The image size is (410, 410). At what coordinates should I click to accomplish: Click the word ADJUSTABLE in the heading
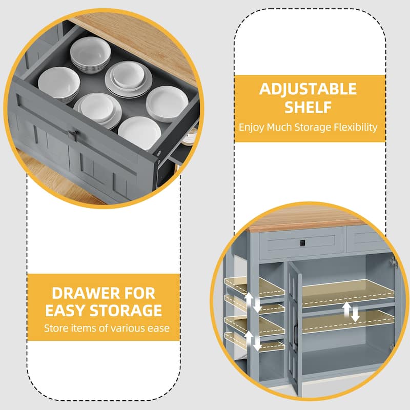click(308, 89)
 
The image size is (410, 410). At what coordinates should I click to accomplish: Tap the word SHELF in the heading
click(308, 107)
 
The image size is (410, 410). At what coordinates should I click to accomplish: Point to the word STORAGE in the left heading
click(126, 311)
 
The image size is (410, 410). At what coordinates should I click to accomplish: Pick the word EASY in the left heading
click(66, 311)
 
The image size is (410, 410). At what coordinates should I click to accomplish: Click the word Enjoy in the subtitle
click(251, 128)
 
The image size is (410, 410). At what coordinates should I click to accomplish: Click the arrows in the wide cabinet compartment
click(351, 312)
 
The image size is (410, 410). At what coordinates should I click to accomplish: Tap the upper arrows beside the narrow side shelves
click(253, 302)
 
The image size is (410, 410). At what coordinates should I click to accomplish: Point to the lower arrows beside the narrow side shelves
click(253, 341)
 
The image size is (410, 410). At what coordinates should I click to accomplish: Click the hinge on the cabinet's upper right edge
click(394, 262)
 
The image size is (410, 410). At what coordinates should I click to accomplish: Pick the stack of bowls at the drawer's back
click(90, 55)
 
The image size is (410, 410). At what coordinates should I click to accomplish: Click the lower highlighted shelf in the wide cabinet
click(348, 322)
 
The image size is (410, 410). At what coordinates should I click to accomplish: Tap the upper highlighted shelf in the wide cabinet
click(348, 293)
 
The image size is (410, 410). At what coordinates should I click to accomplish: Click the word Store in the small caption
click(56, 328)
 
